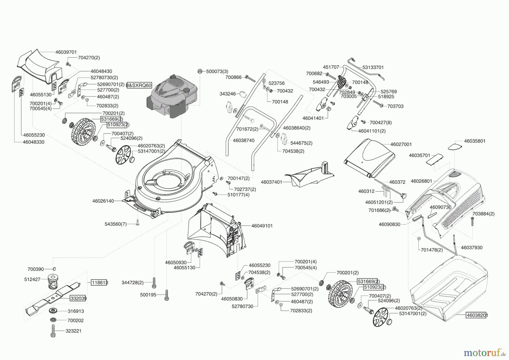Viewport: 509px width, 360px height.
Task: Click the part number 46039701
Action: (66, 52)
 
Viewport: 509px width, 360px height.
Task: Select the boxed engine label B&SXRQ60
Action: (139, 85)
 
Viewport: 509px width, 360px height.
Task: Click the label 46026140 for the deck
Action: (103, 201)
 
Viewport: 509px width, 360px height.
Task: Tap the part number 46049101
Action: (262, 226)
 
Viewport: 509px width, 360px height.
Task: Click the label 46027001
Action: (401, 144)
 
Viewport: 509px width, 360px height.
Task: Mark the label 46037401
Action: (271, 182)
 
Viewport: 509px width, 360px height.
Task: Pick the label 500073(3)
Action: (217, 71)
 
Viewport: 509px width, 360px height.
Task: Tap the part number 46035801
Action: (475, 141)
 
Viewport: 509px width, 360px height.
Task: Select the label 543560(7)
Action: (116, 224)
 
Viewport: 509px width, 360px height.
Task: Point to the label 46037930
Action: (472, 247)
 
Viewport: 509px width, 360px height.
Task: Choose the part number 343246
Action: (228, 94)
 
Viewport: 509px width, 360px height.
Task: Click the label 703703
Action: (395, 106)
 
